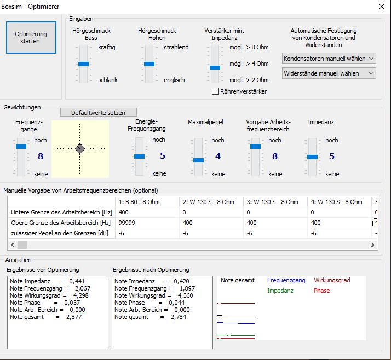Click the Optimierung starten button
(x=31, y=38)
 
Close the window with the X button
(x=381, y=7)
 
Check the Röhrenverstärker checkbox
(x=215, y=91)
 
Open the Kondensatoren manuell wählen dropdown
(x=329, y=58)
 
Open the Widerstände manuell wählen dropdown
(x=329, y=73)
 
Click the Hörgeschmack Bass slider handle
(x=83, y=64)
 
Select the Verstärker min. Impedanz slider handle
(x=215, y=68)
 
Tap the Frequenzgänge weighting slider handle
(x=21, y=147)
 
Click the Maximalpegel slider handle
(x=198, y=160)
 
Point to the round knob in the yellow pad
(x=80, y=149)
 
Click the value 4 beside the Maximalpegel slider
(x=218, y=156)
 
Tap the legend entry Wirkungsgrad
(x=332, y=280)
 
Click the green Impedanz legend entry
(x=280, y=291)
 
